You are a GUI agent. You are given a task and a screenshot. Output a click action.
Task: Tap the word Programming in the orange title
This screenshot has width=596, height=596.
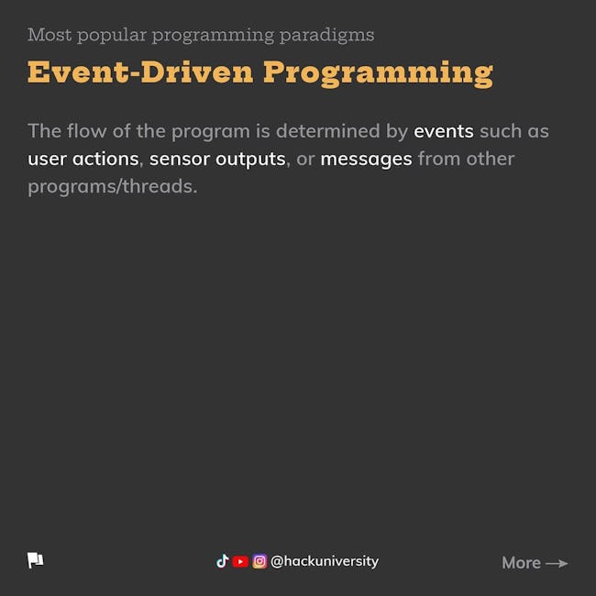click(x=378, y=74)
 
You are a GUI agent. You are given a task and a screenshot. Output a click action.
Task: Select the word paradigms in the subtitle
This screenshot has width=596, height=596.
click(x=327, y=36)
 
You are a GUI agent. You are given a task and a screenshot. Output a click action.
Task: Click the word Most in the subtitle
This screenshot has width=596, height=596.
click(x=50, y=35)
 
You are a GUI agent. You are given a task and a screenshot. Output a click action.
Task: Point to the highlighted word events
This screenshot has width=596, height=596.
click(x=444, y=131)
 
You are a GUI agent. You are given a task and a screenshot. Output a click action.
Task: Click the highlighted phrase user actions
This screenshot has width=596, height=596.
click(x=83, y=159)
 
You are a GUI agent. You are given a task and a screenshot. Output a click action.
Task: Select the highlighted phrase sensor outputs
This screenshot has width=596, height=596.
click(x=217, y=160)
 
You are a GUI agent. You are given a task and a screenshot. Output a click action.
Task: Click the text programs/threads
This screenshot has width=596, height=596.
click(x=113, y=187)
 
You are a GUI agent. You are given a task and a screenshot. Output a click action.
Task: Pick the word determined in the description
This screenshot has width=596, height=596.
click(x=327, y=131)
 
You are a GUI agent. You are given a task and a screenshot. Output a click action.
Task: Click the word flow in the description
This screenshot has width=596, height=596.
click(x=87, y=131)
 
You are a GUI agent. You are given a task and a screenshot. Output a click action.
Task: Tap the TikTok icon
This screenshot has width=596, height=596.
click(x=223, y=561)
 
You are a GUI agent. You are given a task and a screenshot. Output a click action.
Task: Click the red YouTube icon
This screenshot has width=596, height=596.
click(x=240, y=561)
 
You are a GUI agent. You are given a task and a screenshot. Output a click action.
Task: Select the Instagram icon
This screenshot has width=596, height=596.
click(x=259, y=561)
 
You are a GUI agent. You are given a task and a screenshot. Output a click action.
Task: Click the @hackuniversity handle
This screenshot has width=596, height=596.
click(x=325, y=561)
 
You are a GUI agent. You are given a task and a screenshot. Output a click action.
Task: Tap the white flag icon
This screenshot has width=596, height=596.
click(x=36, y=560)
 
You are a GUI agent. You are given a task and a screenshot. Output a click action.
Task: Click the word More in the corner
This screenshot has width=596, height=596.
click(x=521, y=563)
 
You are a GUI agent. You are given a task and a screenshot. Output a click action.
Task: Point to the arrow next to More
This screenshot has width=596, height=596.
click(x=557, y=563)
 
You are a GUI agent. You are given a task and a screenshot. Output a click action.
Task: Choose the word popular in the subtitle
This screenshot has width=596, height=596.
click(x=112, y=36)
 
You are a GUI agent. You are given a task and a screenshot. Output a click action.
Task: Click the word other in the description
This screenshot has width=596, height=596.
click(x=491, y=159)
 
